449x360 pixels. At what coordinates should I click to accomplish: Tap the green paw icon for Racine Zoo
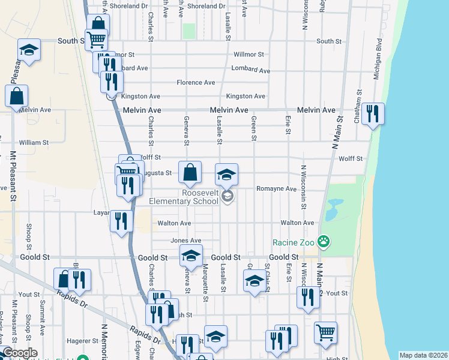(324, 242)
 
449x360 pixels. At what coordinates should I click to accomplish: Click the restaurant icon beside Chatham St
(373, 113)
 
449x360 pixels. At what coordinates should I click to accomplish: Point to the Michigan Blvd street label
(378, 60)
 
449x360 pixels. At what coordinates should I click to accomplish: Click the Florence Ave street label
(196, 82)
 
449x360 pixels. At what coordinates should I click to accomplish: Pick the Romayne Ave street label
(276, 188)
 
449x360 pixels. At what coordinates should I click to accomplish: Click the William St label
(34, 143)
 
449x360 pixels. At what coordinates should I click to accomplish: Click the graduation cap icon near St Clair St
(255, 280)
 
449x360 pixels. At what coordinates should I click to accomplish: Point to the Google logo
(20, 353)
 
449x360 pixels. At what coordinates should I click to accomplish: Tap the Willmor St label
(249, 54)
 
